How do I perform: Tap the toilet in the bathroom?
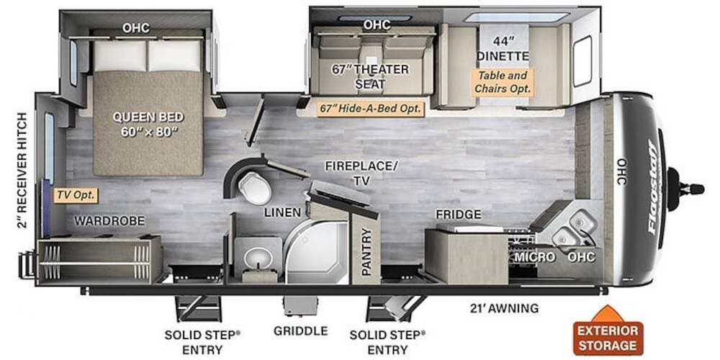(x=254, y=187)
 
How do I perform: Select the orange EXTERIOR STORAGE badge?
(x=608, y=331)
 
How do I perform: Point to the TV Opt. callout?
(x=76, y=195)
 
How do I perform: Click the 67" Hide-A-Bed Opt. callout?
(x=371, y=109)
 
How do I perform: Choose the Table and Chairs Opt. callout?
(x=503, y=82)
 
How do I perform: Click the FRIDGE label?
(x=458, y=215)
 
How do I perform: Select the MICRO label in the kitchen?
(x=534, y=257)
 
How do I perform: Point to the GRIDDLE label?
(x=301, y=330)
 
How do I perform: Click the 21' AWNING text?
(x=504, y=308)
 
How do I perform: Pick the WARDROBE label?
(x=109, y=221)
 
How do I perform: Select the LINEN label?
(x=282, y=212)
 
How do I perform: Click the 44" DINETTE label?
(x=503, y=48)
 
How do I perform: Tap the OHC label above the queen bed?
(x=136, y=28)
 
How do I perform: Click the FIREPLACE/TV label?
(x=361, y=173)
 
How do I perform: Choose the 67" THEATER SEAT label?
(x=370, y=77)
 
